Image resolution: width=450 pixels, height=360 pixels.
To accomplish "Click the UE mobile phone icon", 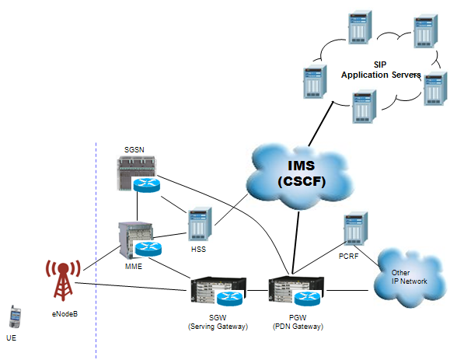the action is pyautogui.click(x=15, y=316).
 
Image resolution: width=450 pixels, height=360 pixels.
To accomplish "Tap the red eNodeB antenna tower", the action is pyautogui.click(x=63, y=279).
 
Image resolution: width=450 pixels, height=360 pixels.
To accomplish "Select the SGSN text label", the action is pyautogui.click(x=134, y=149).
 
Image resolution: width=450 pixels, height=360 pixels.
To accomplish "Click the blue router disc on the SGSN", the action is pyautogui.click(x=146, y=185).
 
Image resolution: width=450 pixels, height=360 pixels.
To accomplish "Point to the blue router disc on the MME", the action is pyautogui.click(x=148, y=249).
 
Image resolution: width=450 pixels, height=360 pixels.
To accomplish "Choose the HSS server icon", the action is pyautogui.click(x=200, y=224).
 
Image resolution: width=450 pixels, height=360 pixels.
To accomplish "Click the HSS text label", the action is pyautogui.click(x=199, y=249).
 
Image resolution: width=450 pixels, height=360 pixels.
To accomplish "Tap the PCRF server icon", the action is pyautogui.click(x=356, y=229).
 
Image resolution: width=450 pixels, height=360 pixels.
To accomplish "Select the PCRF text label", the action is pyautogui.click(x=349, y=256).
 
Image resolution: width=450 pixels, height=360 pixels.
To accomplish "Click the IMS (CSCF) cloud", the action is pyautogui.click(x=300, y=177).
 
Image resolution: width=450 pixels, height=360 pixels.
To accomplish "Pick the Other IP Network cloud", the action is pyautogui.click(x=409, y=278).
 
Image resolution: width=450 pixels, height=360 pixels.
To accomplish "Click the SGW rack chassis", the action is pyautogui.click(x=218, y=291).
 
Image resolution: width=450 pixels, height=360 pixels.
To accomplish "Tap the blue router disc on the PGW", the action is pyautogui.click(x=307, y=299).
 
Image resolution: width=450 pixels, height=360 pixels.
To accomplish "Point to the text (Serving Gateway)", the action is pyautogui.click(x=218, y=327).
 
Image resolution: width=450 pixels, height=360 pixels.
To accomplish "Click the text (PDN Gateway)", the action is pyautogui.click(x=298, y=327).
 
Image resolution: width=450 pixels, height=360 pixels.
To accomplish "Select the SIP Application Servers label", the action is pyautogui.click(x=381, y=70).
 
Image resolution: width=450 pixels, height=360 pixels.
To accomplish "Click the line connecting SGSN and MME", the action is pyautogui.click(x=138, y=206).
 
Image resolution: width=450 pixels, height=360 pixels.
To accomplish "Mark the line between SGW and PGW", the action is pyautogui.click(x=257, y=290).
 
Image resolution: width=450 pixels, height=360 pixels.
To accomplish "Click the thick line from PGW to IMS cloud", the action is pyautogui.click(x=295, y=243).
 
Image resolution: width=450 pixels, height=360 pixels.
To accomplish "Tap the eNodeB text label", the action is pyautogui.click(x=65, y=314).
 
